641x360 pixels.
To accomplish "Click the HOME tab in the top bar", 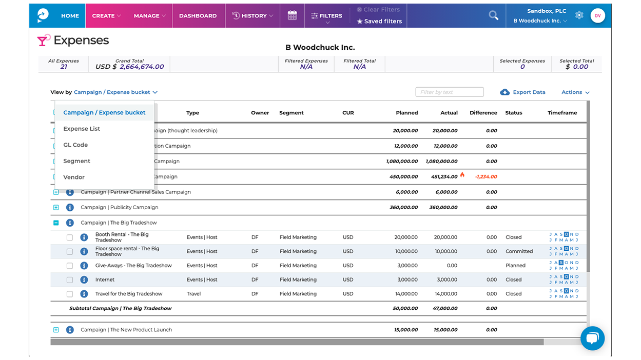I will [x=70, y=16].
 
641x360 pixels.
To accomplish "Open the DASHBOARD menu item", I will [x=198, y=16].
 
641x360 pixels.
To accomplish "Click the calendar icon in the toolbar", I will [x=292, y=15].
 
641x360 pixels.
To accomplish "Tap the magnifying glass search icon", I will [x=493, y=15].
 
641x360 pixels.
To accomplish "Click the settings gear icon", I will [x=579, y=15].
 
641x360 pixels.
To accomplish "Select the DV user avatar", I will [x=597, y=16].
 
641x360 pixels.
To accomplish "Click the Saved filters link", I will [x=379, y=22].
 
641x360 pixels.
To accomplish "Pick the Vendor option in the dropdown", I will [x=74, y=177].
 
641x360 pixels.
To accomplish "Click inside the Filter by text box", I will [x=449, y=92].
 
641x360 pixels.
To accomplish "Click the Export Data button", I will [x=523, y=92].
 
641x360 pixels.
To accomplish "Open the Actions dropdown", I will [x=575, y=92].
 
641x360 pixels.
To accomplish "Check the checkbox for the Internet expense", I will [x=70, y=280].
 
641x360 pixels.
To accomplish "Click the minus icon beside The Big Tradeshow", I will [x=56, y=223].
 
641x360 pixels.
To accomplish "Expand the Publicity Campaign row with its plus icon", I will [x=56, y=208].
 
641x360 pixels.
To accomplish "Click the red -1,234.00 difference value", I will [x=485, y=177].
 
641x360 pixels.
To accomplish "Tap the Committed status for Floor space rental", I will [x=519, y=252].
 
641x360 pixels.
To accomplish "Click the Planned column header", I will [x=406, y=113].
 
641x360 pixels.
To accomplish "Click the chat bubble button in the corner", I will [x=592, y=338].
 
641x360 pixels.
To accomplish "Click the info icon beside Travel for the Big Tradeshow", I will [x=84, y=294].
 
